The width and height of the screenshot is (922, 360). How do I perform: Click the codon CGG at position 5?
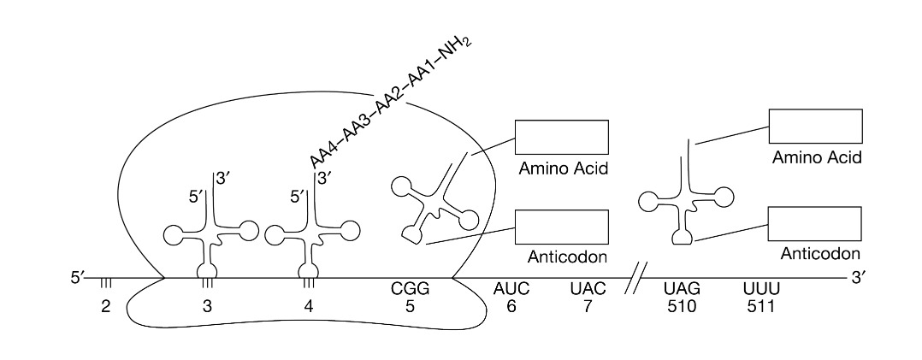[410, 290]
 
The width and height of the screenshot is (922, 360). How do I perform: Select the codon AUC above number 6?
[511, 290]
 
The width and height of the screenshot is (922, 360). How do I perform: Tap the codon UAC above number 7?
[588, 290]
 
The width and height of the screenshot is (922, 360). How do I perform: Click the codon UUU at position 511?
[760, 290]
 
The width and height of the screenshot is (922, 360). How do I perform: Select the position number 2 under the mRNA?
[106, 306]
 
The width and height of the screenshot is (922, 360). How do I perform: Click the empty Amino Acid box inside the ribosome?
[561, 136]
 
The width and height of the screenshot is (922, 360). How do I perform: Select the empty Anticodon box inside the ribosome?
[561, 227]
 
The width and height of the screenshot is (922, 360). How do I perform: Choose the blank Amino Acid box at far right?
[815, 126]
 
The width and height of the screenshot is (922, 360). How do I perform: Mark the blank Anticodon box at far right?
[815, 224]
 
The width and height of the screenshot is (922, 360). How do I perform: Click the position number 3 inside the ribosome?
[207, 306]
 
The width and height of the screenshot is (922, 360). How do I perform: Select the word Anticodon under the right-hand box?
[819, 254]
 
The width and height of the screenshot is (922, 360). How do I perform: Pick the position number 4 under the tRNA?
[309, 306]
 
